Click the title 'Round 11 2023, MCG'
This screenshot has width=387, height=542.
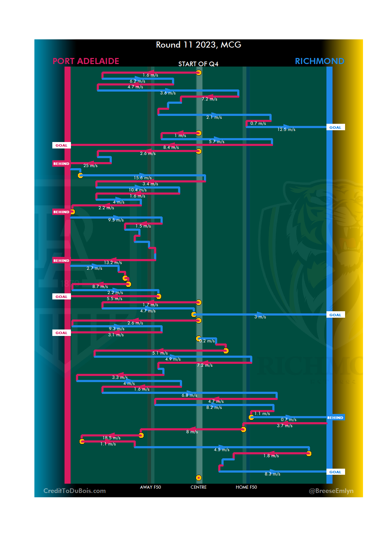(x=199, y=45)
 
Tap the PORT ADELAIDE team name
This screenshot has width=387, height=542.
(x=86, y=61)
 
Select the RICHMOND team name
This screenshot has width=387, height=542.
(x=319, y=61)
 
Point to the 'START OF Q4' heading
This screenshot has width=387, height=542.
(x=198, y=64)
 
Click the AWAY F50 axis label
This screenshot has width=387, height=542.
(x=150, y=487)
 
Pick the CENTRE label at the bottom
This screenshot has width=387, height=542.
(x=199, y=487)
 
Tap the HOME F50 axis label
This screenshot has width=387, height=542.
(x=246, y=487)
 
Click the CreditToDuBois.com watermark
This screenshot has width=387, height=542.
(x=75, y=491)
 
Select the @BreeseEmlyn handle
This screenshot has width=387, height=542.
(x=331, y=491)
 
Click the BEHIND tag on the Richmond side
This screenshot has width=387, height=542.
(x=335, y=418)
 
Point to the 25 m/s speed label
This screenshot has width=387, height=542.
(x=90, y=166)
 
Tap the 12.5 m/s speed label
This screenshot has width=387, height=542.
(x=286, y=130)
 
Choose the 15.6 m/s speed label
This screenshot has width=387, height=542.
(x=143, y=178)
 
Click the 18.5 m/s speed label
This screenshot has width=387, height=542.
(x=111, y=438)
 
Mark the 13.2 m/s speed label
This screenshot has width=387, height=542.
(x=113, y=263)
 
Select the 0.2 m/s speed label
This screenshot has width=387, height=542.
(x=207, y=341)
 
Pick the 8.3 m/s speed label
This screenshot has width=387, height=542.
(x=272, y=474)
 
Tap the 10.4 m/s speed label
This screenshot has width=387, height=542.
(x=138, y=190)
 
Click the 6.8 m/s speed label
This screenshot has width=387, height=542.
(x=189, y=395)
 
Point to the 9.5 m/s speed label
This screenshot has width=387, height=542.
(x=116, y=220)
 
